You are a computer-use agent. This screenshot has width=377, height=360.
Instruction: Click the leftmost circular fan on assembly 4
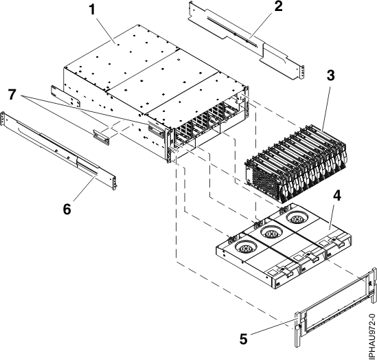pos(245,249)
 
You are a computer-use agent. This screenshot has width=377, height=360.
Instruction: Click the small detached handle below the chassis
pos(102,135)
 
